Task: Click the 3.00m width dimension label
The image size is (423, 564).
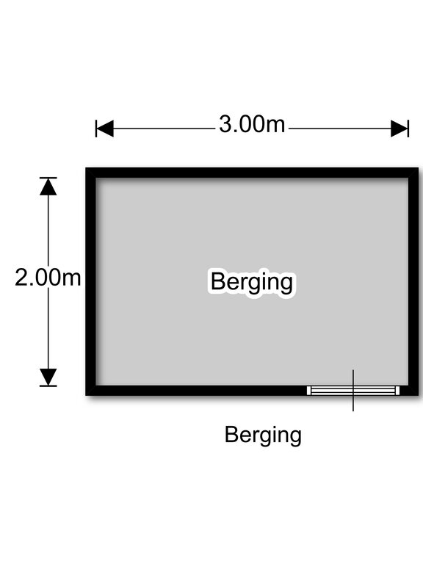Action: click(x=252, y=124)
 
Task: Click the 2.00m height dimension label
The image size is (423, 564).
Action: click(x=48, y=278)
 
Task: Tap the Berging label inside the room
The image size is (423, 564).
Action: click(x=251, y=282)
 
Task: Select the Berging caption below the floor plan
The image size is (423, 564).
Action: click(x=263, y=435)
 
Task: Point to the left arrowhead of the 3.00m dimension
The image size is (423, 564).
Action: click(x=105, y=129)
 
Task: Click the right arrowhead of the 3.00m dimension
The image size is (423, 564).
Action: click(x=399, y=129)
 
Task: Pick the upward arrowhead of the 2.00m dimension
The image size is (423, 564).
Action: click(x=48, y=187)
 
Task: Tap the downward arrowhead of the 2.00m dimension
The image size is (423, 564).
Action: click(x=48, y=377)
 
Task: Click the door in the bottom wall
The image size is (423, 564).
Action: click(x=353, y=391)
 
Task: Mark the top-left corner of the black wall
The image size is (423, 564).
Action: click(x=86, y=168)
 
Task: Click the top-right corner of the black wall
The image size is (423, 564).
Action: click(x=419, y=168)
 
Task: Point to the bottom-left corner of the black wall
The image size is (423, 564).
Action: click(x=86, y=395)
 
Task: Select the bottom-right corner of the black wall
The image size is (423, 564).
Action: click(x=419, y=395)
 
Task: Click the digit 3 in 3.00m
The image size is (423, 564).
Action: click(x=225, y=124)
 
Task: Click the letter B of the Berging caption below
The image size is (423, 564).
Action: click(x=231, y=434)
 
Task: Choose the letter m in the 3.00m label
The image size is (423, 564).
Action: click(x=275, y=126)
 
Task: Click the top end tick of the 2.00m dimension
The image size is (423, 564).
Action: click(x=48, y=178)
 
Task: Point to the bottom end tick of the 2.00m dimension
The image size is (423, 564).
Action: click(x=48, y=386)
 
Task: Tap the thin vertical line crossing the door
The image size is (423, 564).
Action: click(x=353, y=390)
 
